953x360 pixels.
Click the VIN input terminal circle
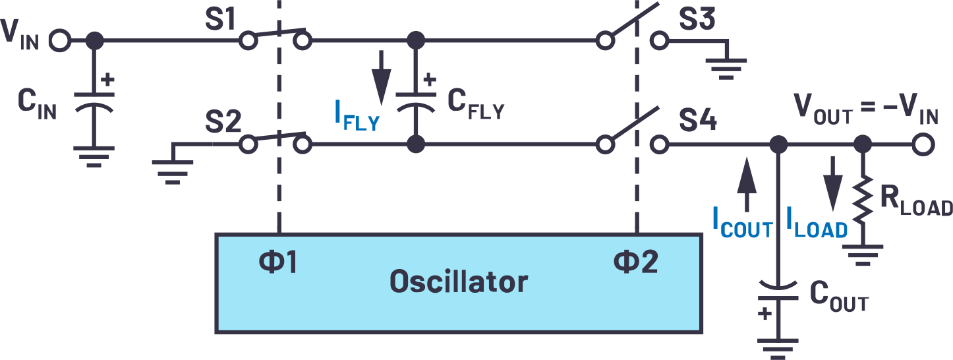(x=59, y=41)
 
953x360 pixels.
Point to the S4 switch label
(x=700, y=122)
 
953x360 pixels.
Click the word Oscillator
(x=459, y=282)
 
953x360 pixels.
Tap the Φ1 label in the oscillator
(x=278, y=263)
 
